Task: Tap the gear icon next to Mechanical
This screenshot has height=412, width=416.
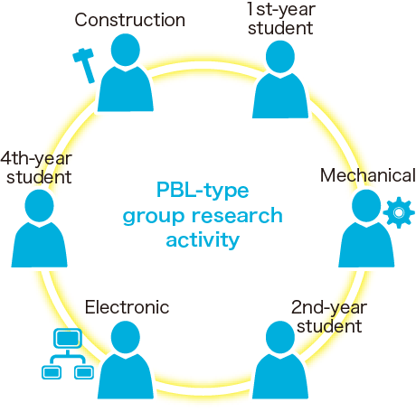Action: click(399, 212)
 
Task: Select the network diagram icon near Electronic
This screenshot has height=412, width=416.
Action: click(68, 354)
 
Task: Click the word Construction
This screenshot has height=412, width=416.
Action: click(130, 20)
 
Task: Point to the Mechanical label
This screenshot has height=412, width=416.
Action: click(368, 175)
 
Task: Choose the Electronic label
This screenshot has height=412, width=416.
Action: click(127, 307)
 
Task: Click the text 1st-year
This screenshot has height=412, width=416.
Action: click(281, 9)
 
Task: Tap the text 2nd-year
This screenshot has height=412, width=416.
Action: click(329, 307)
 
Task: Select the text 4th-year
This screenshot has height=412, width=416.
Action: click(36, 158)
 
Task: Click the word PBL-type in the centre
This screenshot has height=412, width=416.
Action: click(203, 191)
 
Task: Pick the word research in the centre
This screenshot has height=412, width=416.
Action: click(237, 216)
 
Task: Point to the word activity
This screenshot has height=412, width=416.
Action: click(203, 240)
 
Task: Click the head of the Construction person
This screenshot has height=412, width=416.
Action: click(126, 50)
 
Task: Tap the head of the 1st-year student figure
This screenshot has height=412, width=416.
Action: click(280, 57)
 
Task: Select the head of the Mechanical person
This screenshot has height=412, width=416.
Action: click(366, 206)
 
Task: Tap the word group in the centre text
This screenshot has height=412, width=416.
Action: click(154, 217)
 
